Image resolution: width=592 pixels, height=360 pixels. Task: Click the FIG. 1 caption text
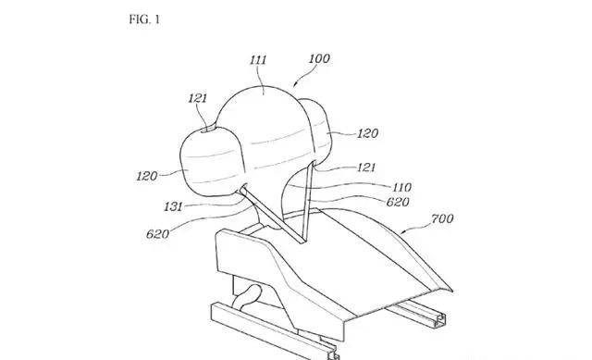tap(144, 19)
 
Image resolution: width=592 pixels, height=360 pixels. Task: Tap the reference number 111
tap(259, 59)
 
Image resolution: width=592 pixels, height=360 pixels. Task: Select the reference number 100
tap(319, 58)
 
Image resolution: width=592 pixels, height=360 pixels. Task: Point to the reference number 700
tap(442, 218)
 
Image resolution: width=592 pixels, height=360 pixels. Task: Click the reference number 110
tap(401, 187)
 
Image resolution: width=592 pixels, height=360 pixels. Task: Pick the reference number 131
tap(173, 206)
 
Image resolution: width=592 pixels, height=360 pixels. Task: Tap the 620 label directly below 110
tap(398, 202)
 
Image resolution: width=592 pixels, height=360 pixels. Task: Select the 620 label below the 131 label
tap(157, 234)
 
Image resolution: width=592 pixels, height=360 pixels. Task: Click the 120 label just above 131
tap(147, 176)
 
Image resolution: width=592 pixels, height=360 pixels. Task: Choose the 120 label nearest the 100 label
tap(367, 133)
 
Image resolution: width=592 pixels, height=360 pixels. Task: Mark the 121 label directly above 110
tap(366, 168)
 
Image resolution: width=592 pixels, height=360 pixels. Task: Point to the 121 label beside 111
tap(198, 98)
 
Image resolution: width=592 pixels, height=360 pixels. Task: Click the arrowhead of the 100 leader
tap(296, 85)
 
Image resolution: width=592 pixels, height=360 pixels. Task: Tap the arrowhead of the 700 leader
tap(402, 232)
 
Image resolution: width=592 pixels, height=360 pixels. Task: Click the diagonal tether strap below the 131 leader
tap(272, 216)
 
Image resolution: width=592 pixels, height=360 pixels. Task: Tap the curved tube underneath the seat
tap(248, 295)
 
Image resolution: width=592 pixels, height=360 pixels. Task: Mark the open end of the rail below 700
tap(440, 320)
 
